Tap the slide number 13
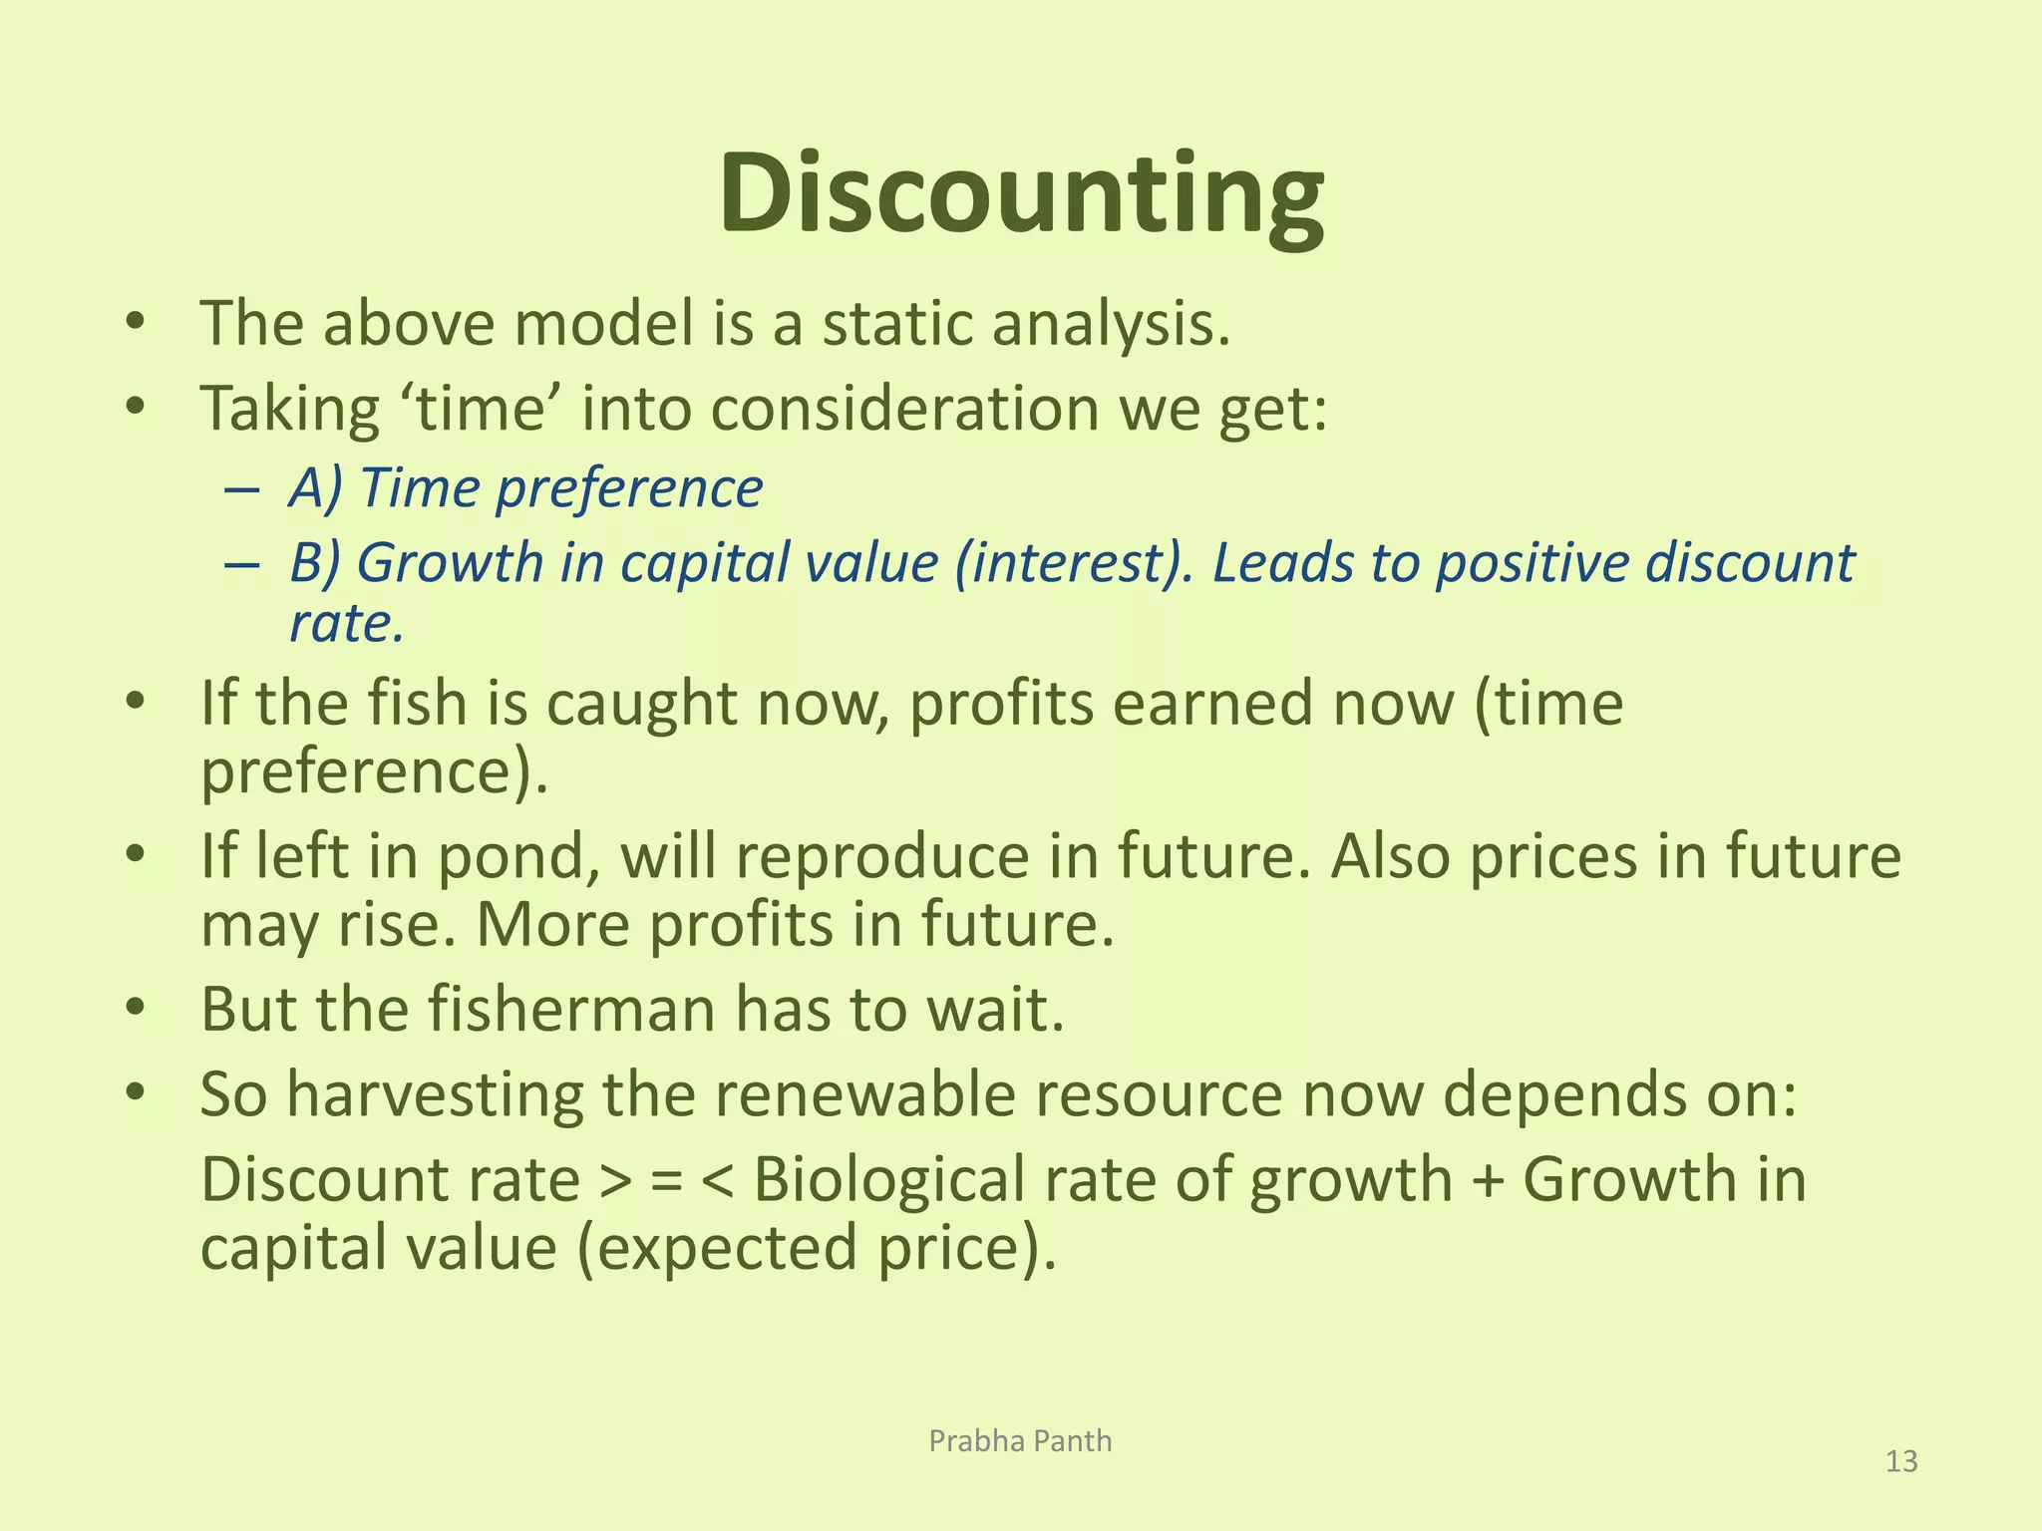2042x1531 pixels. (x=1901, y=1461)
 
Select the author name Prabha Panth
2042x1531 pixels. (x=1020, y=1440)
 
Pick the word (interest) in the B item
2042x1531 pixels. (x=1073, y=563)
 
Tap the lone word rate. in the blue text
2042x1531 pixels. (x=346, y=624)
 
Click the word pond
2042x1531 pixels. (x=510, y=857)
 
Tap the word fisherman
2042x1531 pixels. (x=571, y=1009)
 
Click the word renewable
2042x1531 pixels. (x=849, y=1094)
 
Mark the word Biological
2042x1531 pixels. (x=888, y=1180)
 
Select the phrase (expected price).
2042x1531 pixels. (x=817, y=1248)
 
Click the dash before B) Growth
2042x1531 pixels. (x=242, y=565)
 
